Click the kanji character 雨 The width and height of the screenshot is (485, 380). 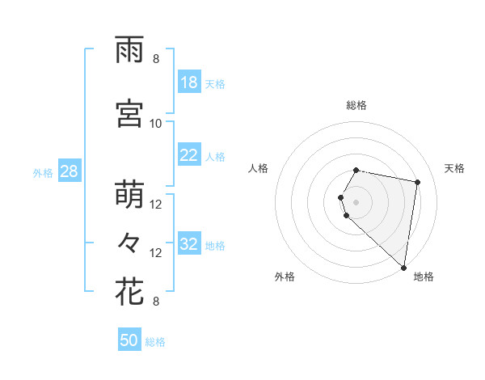point(130,50)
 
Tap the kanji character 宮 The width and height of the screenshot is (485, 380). point(130,115)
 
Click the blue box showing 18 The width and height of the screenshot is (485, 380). point(189,82)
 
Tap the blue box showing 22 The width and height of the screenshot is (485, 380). point(189,155)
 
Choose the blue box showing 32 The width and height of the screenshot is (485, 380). point(189,244)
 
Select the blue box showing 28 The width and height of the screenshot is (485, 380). point(69,171)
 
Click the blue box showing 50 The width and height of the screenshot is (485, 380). point(129,340)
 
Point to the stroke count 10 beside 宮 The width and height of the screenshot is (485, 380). point(156,124)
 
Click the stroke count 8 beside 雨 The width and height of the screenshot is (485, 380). point(156,59)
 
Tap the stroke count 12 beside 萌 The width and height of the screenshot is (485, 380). point(156,205)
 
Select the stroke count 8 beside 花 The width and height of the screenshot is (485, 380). point(156,302)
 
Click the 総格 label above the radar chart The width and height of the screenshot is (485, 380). point(356,105)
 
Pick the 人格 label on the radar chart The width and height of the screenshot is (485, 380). point(259,168)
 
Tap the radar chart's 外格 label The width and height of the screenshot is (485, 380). point(285,277)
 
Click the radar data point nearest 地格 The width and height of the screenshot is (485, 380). point(403,267)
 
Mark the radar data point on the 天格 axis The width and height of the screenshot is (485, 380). point(417,182)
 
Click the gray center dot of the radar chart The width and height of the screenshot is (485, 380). point(356,201)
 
